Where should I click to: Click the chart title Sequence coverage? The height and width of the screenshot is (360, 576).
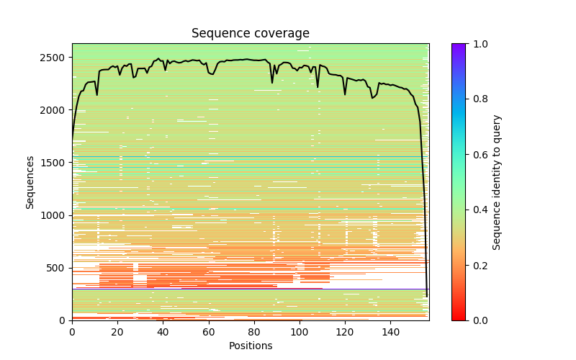tap(250, 34)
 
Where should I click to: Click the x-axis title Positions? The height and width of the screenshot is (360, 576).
tap(250, 346)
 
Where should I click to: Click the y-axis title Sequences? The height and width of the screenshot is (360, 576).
tap(30, 182)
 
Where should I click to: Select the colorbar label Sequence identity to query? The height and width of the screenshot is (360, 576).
tap(497, 182)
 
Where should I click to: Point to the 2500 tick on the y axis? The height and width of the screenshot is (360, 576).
tap(55, 58)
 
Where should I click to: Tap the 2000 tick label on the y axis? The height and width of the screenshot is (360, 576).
tap(55, 110)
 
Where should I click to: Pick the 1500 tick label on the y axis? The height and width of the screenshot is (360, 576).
tap(55, 163)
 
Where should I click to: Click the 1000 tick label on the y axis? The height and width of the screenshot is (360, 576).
tap(55, 215)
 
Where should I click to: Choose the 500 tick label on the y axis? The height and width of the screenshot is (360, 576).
tap(58, 268)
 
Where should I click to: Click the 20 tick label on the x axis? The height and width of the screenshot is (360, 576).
tap(117, 332)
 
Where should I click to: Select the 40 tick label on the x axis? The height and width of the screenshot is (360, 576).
tap(163, 332)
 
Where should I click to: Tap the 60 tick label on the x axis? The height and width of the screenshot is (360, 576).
tap(208, 332)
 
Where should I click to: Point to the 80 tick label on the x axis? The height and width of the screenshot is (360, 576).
tap(253, 332)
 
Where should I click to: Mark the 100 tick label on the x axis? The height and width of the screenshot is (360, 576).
tap(299, 332)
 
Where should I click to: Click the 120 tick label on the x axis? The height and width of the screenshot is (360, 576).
tap(345, 332)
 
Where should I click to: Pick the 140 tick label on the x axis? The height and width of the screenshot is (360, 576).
tap(390, 332)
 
